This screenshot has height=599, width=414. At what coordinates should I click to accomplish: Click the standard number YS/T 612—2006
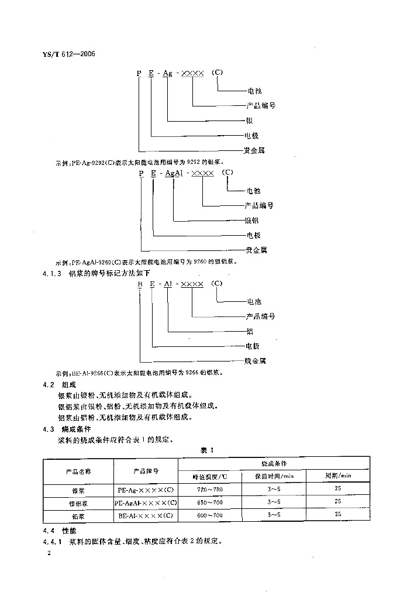point(68,54)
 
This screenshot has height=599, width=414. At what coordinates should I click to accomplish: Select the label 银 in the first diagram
point(250,121)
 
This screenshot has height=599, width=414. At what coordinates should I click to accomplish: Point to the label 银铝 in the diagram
point(251,221)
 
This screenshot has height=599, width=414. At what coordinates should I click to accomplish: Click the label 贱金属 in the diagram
point(255,361)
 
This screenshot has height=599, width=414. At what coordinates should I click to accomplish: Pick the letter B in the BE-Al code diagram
point(140,284)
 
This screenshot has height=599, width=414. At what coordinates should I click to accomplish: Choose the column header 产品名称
point(78,470)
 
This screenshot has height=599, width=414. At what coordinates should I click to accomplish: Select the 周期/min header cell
point(337,476)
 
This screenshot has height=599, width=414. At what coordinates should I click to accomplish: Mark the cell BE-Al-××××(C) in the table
point(146,515)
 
